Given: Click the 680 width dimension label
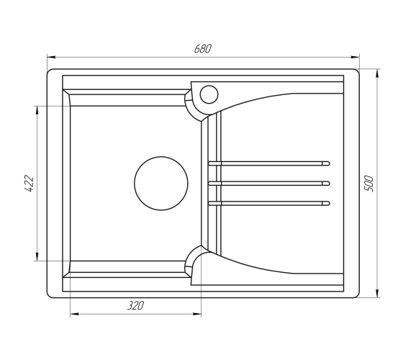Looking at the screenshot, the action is point(202,49).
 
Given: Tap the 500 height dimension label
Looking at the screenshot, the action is point(368,184).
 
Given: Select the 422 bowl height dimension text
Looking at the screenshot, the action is point(29,184).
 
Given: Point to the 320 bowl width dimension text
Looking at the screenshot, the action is point(136,305).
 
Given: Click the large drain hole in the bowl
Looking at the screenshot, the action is point(161,184).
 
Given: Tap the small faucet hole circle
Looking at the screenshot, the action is point(209,94).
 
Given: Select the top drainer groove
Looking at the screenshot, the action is point(269,163).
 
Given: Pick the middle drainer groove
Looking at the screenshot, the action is point(269,184).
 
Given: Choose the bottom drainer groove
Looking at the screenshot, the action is point(269,203).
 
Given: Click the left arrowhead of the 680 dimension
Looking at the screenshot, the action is point(51,57).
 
